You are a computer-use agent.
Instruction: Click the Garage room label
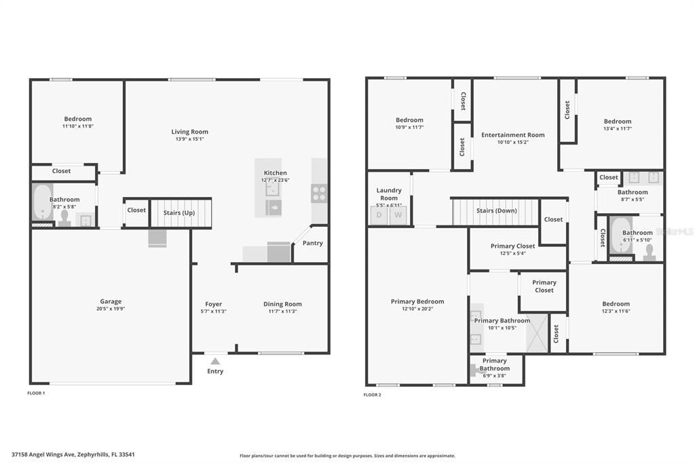click(111, 301)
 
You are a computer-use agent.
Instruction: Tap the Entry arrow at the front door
click(215, 362)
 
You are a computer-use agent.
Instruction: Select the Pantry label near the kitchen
click(312, 243)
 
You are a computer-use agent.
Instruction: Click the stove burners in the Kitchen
click(319, 193)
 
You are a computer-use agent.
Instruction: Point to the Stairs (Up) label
click(179, 212)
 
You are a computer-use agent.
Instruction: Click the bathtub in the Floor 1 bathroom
click(41, 202)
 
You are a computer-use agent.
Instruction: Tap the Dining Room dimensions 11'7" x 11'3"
click(282, 312)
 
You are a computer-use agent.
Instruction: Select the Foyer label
click(214, 304)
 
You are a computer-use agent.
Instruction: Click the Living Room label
click(189, 132)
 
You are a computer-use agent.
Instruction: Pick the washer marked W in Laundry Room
click(398, 215)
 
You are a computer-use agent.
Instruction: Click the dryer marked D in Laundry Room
click(379, 215)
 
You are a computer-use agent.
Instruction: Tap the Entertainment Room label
click(512, 135)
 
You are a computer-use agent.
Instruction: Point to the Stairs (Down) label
click(496, 210)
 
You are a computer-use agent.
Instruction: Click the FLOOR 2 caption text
click(373, 394)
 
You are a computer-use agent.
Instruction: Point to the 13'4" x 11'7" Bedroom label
click(617, 125)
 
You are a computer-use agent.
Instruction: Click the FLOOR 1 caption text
click(36, 393)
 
